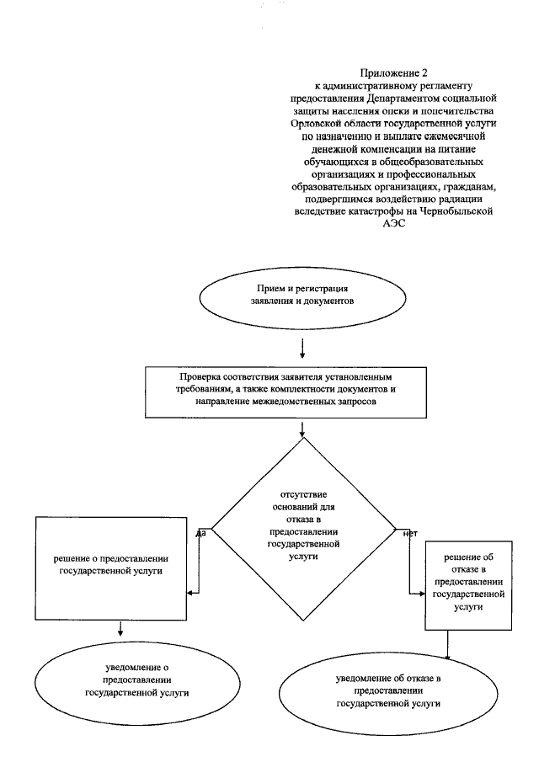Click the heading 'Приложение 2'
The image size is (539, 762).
(389, 73)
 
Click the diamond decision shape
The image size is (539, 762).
(302, 530)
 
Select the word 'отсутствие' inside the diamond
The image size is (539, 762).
(303, 493)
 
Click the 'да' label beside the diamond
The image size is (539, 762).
(201, 532)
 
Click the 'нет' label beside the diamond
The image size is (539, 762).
(411, 533)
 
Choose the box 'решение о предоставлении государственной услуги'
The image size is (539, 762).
(110, 567)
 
